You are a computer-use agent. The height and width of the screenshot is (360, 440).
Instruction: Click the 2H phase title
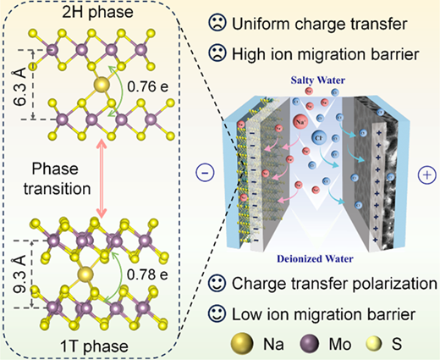tap(97, 12)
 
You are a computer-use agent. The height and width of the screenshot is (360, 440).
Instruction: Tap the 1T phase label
tap(95, 346)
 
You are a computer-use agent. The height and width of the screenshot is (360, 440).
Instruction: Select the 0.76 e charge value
tap(148, 86)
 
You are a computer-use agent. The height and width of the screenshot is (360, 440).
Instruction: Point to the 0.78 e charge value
tap(147, 274)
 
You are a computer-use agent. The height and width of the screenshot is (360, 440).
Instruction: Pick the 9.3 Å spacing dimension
tap(19, 274)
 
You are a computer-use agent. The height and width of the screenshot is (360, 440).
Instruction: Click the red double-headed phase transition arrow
tap(102, 179)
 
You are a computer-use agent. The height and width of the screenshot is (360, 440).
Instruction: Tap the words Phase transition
tap(57, 179)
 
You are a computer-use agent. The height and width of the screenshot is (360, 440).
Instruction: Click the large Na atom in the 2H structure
tap(102, 85)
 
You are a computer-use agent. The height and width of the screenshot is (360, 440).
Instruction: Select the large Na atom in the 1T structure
tap(85, 274)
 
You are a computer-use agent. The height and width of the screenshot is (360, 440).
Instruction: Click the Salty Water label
tap(318, 80)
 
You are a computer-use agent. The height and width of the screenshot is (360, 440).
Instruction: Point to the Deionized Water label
tap(315, 258)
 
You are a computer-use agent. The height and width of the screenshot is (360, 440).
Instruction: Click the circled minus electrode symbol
tap(205, 173)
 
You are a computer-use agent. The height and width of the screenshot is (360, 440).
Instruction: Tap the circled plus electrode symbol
tap(426, 175)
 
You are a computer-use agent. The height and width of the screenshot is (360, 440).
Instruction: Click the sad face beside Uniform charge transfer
tap(217, 23)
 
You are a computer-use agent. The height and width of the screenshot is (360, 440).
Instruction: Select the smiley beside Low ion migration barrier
tap(217, 313)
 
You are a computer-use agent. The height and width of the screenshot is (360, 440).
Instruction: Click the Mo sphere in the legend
tap(309, 344)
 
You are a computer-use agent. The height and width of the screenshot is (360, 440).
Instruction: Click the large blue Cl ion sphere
tap(319, 138)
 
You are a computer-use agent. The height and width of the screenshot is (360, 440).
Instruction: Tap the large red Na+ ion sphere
tap(301, 122)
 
